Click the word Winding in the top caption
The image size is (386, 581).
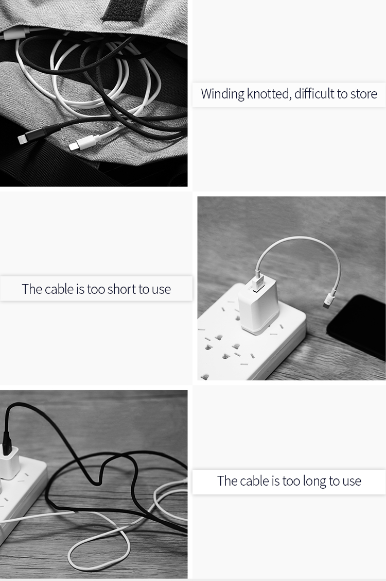(223, 94)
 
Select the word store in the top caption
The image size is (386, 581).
(364, 94)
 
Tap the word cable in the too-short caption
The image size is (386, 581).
(59, 289)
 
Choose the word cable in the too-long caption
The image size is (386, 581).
(255, 481)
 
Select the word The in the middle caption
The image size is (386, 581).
(32, 289)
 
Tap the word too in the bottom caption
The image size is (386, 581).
(290, 482)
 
